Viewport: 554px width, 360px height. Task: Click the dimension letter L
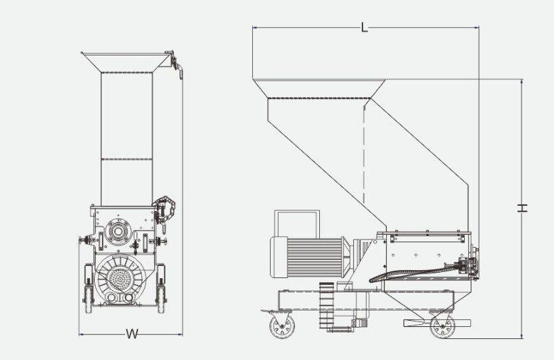coord(365,27)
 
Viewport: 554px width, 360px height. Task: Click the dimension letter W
coord(132,334)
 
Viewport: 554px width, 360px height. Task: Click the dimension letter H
coord(523,208)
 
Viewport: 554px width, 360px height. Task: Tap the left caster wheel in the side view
coord(282,326)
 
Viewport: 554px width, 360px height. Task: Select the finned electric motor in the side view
coord(311,257)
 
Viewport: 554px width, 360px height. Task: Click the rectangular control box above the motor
coord(297,223)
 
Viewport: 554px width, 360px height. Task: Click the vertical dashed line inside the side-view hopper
coord(364,154)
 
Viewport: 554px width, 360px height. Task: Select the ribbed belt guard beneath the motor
coord(327,305)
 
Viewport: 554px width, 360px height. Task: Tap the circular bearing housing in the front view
coord(118,231)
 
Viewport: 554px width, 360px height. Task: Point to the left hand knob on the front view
coord(84,240)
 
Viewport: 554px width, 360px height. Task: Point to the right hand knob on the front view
coord(161,242)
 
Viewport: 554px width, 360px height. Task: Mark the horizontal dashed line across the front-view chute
coord(127,159)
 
